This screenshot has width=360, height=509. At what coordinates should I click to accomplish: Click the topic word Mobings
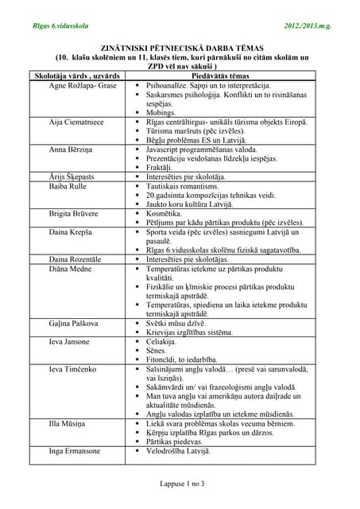pos(164,113)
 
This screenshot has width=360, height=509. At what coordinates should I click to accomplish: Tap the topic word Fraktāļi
pos(163,168)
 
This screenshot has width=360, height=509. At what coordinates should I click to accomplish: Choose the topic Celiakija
pos(165,342)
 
